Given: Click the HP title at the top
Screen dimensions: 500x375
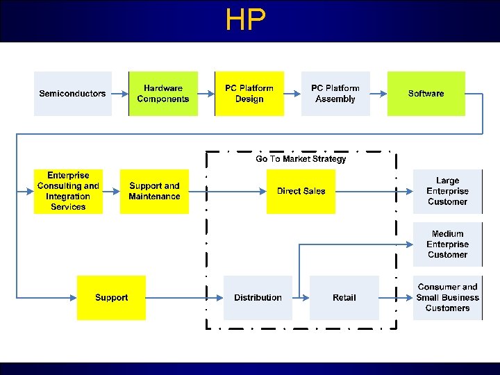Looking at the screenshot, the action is point(246,21).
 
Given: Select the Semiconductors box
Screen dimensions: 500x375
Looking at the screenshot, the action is point(72,94).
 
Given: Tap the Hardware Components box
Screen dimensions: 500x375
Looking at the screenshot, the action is point(163,94).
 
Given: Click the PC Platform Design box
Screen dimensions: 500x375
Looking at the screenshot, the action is point(249,94).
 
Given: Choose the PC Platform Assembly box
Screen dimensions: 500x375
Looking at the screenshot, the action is point(335,94).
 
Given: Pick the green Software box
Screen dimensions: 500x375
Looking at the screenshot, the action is point(426,94).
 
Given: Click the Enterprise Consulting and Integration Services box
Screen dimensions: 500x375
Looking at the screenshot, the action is point(68,191).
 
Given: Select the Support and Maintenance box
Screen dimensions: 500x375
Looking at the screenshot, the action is point(154,191).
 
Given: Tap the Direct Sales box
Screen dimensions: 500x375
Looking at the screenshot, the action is point(301,191).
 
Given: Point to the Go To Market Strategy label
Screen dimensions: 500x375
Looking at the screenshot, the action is point(301,159).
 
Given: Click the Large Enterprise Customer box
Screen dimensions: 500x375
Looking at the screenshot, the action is point(447,191).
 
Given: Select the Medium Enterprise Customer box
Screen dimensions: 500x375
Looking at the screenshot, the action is point(447,244).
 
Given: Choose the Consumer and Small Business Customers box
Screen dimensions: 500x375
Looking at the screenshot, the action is point(447,297).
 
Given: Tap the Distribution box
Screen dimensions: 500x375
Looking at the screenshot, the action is point(258,297).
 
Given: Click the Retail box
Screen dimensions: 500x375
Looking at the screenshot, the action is point(344,297).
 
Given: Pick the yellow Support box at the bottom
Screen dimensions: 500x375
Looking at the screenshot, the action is point(111,297).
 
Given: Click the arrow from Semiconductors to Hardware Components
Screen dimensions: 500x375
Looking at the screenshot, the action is point(119,94).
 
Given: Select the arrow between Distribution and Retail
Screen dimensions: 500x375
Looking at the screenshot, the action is point(301,297).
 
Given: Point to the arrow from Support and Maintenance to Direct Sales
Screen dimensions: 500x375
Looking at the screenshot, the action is point(228,191).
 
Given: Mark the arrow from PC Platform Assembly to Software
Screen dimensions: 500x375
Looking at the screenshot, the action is point(378,94).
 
